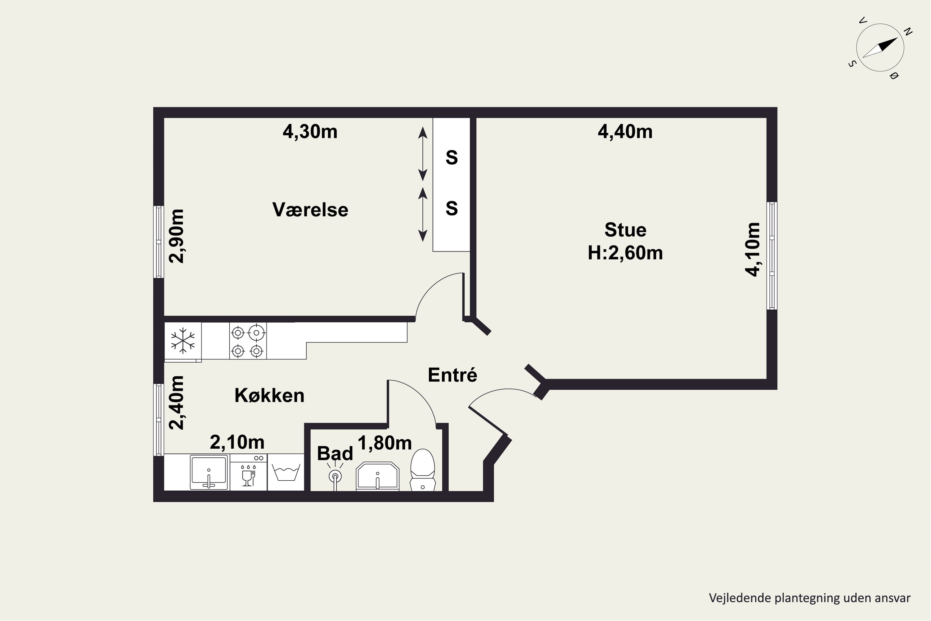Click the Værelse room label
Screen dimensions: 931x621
coord(310,210)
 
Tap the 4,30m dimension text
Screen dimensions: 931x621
coord(310,131)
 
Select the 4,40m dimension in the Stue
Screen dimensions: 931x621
coord(625,131)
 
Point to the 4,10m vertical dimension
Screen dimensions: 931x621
coord(753,250)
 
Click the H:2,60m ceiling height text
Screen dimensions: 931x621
coord(625,253)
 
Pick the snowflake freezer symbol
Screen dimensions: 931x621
coord(183,340)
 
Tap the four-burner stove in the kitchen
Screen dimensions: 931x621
coord(248,341)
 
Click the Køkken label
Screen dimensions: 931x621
coord(270,395)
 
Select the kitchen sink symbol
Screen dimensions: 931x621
coord(209,472)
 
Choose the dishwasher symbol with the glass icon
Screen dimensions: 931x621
coord(248,472)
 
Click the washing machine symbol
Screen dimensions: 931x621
coord(286,472)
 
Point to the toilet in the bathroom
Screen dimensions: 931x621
coord(423,470)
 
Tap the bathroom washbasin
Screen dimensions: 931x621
coord(378,476)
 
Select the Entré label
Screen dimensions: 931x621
coord(452,375)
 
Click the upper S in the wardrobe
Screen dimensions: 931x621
coord(452,158)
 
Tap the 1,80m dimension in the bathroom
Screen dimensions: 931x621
coord(385,443)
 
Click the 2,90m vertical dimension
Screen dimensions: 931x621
coord(177,236)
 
